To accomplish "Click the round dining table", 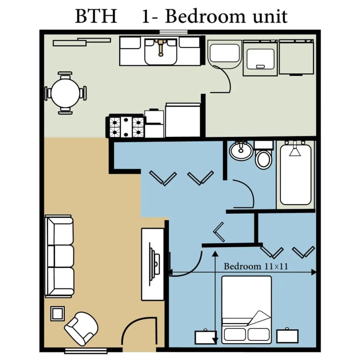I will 66,93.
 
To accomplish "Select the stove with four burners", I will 126,127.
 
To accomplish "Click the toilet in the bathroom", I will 263,156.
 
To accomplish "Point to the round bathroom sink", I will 240,151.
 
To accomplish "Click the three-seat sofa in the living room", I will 60,256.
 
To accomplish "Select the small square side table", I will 57,314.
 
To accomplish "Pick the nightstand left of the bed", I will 205,336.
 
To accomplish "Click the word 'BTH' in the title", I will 96,16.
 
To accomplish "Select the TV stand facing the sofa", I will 153,264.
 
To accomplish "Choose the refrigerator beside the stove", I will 182,120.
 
